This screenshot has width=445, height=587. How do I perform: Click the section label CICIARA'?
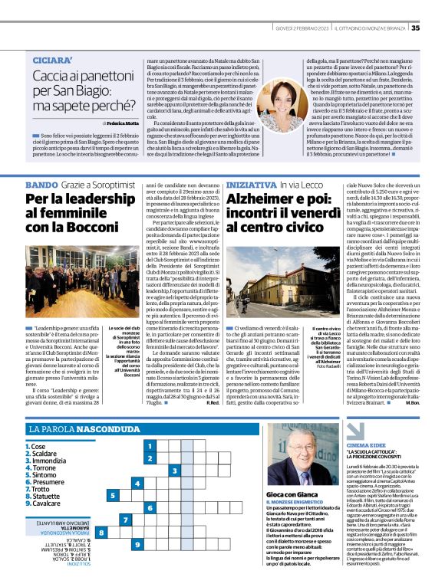tap(54, 60)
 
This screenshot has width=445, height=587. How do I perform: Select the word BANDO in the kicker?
tap(41, 185)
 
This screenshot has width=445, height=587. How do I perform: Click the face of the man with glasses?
tap(295, 462)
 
